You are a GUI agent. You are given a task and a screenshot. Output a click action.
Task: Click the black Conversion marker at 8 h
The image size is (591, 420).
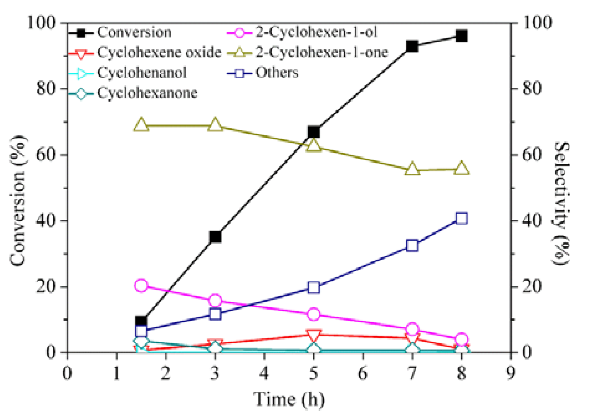click(461, 36)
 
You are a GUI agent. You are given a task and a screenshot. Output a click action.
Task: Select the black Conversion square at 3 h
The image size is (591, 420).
click(215, 237)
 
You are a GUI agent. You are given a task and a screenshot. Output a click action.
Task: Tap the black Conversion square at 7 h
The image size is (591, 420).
click(412, 46)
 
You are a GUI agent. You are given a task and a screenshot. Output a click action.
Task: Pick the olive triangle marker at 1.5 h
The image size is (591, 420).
click(141, 125)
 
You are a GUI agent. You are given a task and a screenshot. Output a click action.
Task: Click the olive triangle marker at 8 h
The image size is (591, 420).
click(461, 169)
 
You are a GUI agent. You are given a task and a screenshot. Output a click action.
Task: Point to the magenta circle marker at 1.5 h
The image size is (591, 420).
click(141, 285)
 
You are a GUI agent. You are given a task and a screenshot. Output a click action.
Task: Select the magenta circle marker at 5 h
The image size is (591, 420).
click(314, 314)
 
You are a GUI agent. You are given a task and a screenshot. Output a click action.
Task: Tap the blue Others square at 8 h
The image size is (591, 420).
click(461, 218)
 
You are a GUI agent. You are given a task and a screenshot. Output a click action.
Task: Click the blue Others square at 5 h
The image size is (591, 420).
click(314, 287)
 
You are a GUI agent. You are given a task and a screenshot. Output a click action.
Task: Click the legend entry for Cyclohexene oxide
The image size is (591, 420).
click(159, 52)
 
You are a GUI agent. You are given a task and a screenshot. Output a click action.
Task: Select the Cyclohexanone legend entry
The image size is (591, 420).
click(147, 93)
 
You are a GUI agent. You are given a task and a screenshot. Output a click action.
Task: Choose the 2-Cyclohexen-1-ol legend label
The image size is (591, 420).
click(316, 32)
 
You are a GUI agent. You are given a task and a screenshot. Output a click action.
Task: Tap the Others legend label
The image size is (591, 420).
click(277, 73)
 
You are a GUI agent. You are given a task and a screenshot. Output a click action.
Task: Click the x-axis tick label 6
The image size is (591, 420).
click(363, 373)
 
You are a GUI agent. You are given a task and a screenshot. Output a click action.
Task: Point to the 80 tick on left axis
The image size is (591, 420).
click(46, 88)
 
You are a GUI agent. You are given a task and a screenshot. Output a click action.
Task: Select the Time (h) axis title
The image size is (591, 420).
click(289, 399)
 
